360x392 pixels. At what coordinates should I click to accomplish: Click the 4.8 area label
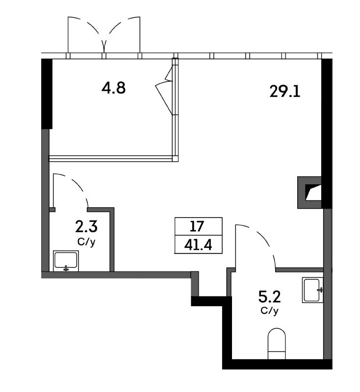(113, 88)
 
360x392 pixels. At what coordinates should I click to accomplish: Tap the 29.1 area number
(284, 91)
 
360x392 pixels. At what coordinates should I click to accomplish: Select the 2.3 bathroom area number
(86, 227)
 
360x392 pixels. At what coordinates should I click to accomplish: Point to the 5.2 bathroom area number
(269, 297)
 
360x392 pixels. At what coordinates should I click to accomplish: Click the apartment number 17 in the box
(197, 226)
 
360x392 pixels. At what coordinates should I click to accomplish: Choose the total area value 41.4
(198, 245)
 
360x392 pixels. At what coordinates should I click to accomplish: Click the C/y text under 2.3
(86, 242)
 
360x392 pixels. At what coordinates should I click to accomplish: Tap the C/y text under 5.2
(269, 311)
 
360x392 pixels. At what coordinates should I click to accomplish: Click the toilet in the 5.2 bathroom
(277, 344)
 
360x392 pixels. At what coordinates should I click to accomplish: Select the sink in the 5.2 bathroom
(312, 290)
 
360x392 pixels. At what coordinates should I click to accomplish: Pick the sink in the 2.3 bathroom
(66, 261)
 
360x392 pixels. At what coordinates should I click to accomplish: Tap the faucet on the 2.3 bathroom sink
(66, 268)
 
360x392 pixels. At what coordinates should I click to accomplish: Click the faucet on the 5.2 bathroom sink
(320, 290)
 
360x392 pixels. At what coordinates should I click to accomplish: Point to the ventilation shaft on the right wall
(309, 193)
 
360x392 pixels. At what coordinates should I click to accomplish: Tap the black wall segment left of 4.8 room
(47, 94)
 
